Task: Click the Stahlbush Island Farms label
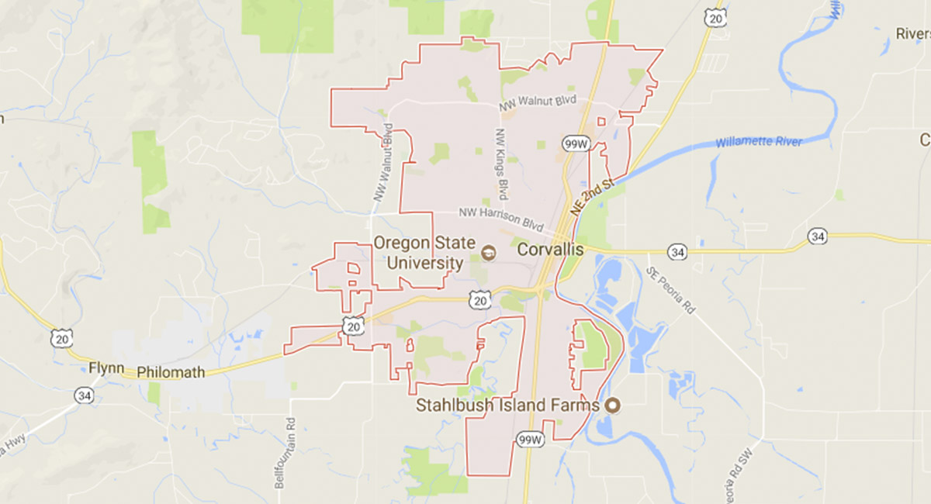508,405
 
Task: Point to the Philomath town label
171,372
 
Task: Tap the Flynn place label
106,368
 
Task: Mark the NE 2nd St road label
592,197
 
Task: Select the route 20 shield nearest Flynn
61,337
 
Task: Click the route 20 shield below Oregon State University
480,299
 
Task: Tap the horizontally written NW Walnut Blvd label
538,105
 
